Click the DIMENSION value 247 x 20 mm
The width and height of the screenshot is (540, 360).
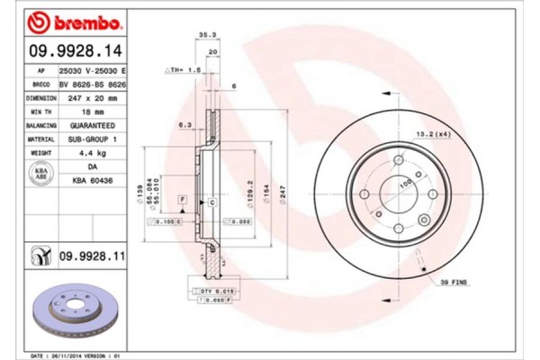[x=88, y=97]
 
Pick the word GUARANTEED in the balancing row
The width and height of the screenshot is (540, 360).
[x=88, y=126]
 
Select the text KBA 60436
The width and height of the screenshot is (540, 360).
[x=88, y=181]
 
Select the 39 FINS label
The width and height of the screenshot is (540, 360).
[x=454, y=282]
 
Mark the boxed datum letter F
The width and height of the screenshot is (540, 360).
[x=183, y=197]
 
